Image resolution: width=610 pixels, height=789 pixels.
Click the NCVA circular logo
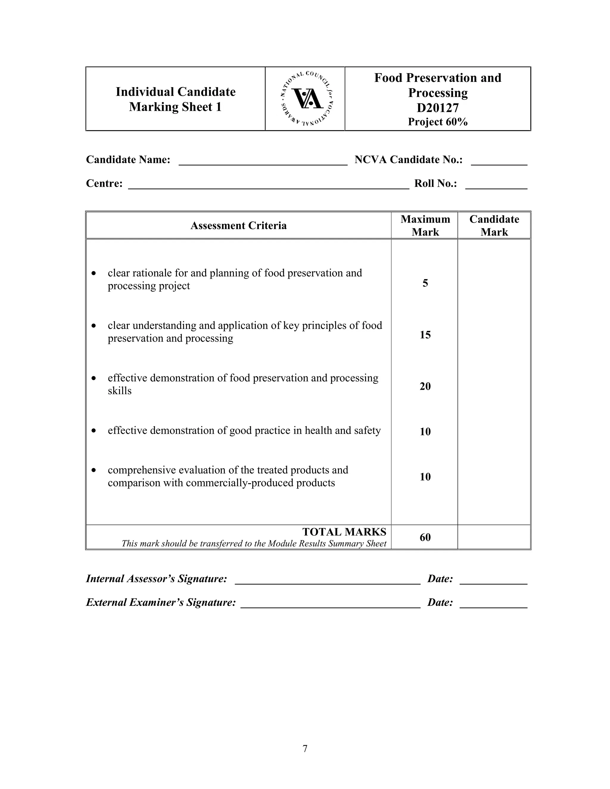click(x=307, y=98)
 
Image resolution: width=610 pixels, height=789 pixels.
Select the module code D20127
click(x=438, y=108)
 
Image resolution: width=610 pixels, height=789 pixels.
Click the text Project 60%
click(x=438, y=122)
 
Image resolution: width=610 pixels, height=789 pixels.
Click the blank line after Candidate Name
click(x=263, y=162)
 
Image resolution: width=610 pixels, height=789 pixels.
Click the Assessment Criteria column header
click(x=239, y=225)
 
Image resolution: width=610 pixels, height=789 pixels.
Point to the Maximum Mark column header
click(x=425, y=225)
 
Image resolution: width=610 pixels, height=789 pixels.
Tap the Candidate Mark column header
click(x=494, y=225)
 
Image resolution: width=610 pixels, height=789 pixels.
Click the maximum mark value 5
click(x=425, y=283)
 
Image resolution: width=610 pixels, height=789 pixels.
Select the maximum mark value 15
click(x=425, y=335)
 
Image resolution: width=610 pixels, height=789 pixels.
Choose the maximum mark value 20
click(x=425, y=386)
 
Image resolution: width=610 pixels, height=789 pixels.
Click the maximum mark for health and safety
click(x=425, y=432)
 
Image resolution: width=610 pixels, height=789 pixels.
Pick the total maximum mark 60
click(x=425, y=537)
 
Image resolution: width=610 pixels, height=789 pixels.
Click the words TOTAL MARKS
click(x=344, y=532)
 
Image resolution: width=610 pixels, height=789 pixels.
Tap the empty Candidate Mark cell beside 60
click(x=494, y=537)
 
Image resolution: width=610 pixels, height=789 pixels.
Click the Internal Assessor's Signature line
click(x=327, y=581)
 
